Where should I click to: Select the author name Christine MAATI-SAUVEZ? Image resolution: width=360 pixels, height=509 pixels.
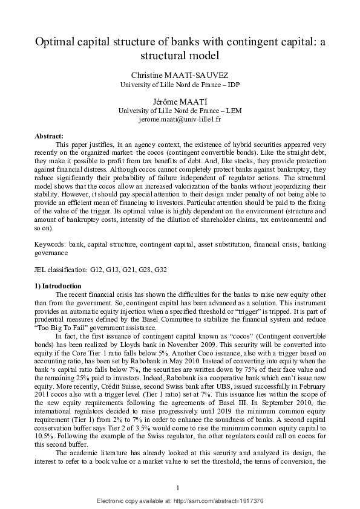pos(180,75)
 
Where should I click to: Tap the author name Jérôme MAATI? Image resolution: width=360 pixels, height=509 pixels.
pos(180,102)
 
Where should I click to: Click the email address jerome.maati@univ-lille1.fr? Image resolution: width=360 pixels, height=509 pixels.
pos(180,120)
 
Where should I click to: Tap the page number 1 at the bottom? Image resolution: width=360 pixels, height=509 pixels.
pos(179,487)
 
